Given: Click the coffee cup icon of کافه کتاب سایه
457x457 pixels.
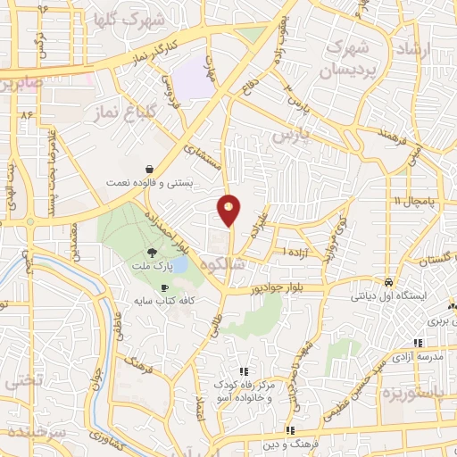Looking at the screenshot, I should [164, 287].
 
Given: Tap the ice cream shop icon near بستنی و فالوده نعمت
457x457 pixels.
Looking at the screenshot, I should [148, 169].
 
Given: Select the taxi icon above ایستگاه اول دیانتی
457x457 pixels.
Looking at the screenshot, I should [388, 280].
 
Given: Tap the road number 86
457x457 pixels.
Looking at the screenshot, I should [27, 114].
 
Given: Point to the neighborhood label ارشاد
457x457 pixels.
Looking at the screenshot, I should [435, 40].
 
